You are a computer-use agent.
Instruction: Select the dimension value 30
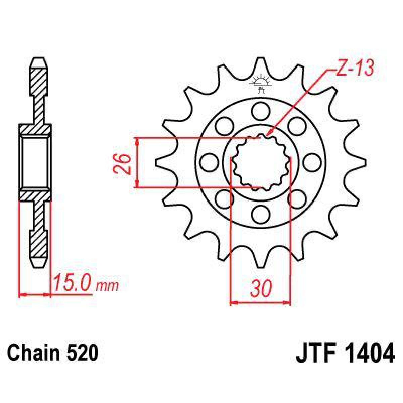260,288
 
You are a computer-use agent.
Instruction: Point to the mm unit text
107,286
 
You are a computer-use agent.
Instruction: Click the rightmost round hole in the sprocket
312,162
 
